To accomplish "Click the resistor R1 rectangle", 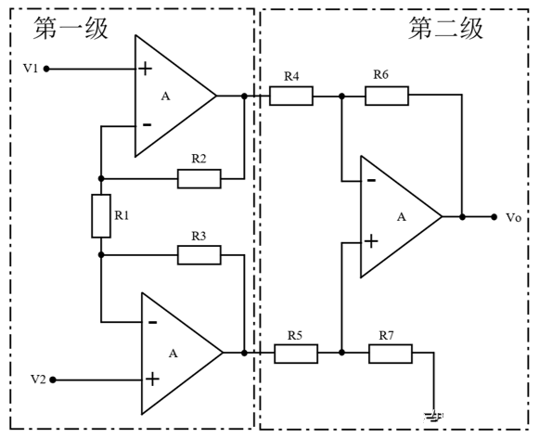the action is click(101, 216).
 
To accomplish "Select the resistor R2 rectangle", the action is click(199, 179).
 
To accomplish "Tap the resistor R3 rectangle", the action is click(199, 255).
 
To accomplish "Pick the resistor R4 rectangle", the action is click(291, 96).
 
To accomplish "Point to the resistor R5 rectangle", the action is click(296, 354).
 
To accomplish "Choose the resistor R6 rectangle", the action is click(387, 96).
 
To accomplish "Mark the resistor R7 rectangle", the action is click(391, 354).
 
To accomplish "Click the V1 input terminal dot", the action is click(46, 69).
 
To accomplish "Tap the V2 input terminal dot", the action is click(53, 380).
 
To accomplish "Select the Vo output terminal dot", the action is click(494, 217).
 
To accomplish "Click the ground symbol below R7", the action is click(434, 417).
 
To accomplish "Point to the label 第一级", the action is click(71, 28).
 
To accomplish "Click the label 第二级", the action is click(446, 28).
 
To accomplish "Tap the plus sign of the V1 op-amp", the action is click(146, 69).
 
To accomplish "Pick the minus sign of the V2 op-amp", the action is click(153, 323).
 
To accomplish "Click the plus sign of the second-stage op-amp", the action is click(371, 241).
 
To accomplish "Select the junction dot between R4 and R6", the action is click(341, 97).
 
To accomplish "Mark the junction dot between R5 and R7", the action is click(341, 353).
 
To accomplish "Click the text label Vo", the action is click(514, 218).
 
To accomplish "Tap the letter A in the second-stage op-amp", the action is click(402, 217).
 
